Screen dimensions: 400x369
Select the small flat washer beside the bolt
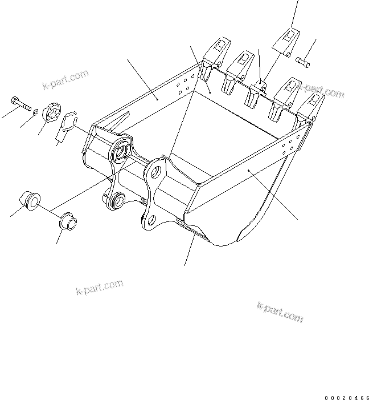[35, 111]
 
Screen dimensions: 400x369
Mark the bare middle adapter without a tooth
[259, 87]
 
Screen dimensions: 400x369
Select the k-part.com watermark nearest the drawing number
[280, 311]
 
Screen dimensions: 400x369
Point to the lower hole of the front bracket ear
[150, 220]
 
